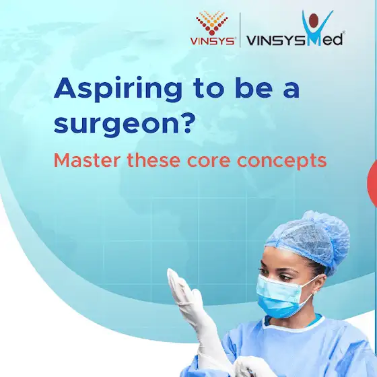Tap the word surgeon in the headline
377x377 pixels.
116,125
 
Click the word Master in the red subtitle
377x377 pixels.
86,160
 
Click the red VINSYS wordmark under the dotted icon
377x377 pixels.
212,41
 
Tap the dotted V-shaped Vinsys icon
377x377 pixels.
212,23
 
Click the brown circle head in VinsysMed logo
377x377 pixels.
314,20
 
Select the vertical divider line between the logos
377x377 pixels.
240,30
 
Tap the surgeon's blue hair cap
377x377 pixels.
309,241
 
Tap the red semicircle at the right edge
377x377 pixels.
373,183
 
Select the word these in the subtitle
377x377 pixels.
153,160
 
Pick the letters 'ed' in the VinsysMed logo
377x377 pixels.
333,40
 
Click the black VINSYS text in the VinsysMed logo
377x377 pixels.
276,40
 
